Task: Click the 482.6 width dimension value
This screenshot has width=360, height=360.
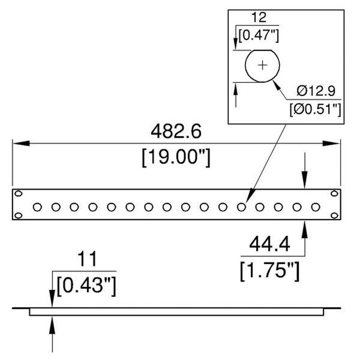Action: click(x=175, y=131)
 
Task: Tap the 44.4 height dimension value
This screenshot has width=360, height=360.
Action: click(x=269, y=246)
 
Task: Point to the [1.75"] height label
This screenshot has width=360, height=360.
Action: click(x=269, y=271)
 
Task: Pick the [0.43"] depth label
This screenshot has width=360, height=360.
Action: click(x=86, y=286)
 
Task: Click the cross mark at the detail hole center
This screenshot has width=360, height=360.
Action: click(x=263, y=65)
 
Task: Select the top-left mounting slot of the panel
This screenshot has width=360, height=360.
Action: click(x=18, y=193)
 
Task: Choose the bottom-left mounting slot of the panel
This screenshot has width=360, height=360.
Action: click(x=18, y=215)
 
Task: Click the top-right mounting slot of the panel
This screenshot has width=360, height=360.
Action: click(x=334, y=193)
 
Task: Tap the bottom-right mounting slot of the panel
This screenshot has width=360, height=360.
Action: click(x=334, y=215)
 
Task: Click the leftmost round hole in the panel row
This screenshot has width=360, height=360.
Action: click(x=37, y=207)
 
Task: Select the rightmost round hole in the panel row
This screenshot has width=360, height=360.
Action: click(x=315, y=207)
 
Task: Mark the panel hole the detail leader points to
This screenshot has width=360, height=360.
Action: click(x=242, y=207)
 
